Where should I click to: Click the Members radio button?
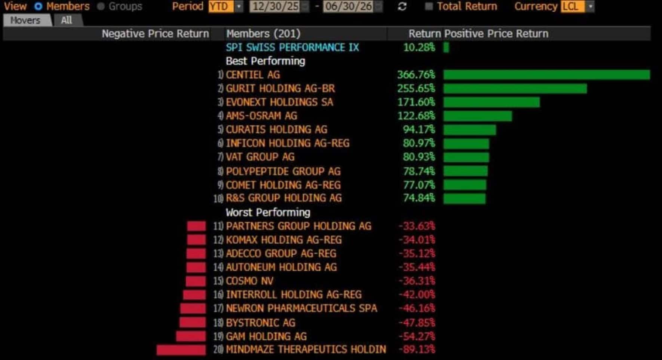click(38, 6)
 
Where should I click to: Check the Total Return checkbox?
click(429, 6)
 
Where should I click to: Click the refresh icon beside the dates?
click(402, 7)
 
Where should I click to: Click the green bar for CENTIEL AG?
click(547, 75)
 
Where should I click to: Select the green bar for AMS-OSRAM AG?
click(478, 116)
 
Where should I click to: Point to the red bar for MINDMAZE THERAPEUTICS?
click(181, 350)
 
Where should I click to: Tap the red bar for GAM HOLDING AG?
click(191, 336)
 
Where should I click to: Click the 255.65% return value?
click(416, 89)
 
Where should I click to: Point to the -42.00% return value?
click(417, 295)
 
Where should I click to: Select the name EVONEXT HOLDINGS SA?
click(279, 102)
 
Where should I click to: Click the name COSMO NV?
click(249, 281)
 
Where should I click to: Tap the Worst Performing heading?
click(268, 213)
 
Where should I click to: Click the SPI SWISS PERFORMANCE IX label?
click(292, 48)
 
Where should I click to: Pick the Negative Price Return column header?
click(155, 34)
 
